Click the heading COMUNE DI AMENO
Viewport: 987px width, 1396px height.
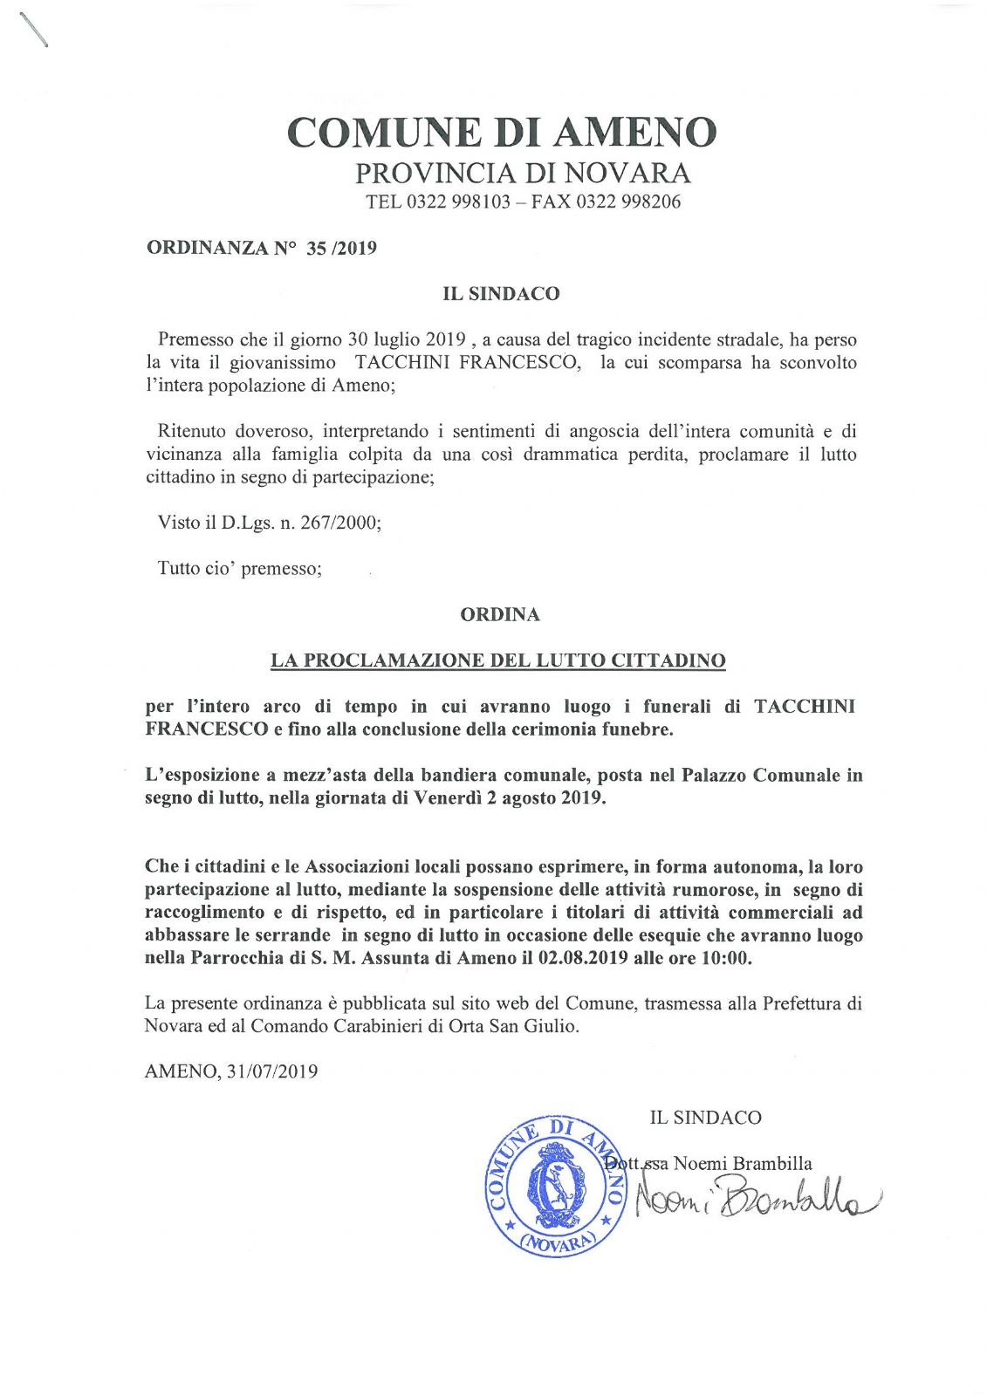click(x=502, y=133)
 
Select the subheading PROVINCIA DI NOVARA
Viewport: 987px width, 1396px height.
click(x=522, y=173)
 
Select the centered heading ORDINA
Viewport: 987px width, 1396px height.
click(x=500, y=614)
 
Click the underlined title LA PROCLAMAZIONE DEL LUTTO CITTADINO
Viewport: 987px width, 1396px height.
click(x=497, y=660)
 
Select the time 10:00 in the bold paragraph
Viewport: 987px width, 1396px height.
click(x=727, y=958)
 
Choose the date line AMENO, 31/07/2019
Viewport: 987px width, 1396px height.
click(x=230, y=1071)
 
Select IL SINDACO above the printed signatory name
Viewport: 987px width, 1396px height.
click(x=705, y=1118)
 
